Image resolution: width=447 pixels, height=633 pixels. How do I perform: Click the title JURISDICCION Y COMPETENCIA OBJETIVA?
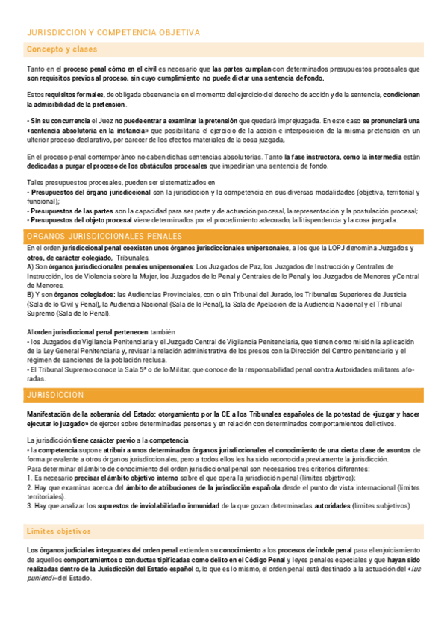(113, 33)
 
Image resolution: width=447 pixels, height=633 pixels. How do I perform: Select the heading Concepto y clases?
(62, 49)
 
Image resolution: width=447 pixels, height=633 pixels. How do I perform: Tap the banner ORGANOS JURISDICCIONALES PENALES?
(104, 237)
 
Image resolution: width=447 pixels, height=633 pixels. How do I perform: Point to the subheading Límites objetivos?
(59, 531)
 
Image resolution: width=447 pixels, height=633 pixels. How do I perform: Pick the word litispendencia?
(322, 219)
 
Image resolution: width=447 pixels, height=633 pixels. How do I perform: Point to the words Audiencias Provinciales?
(151, 295)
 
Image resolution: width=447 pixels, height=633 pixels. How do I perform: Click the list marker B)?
(31, 295)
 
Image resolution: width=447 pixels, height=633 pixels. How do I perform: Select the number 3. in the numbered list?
(29, 505)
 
